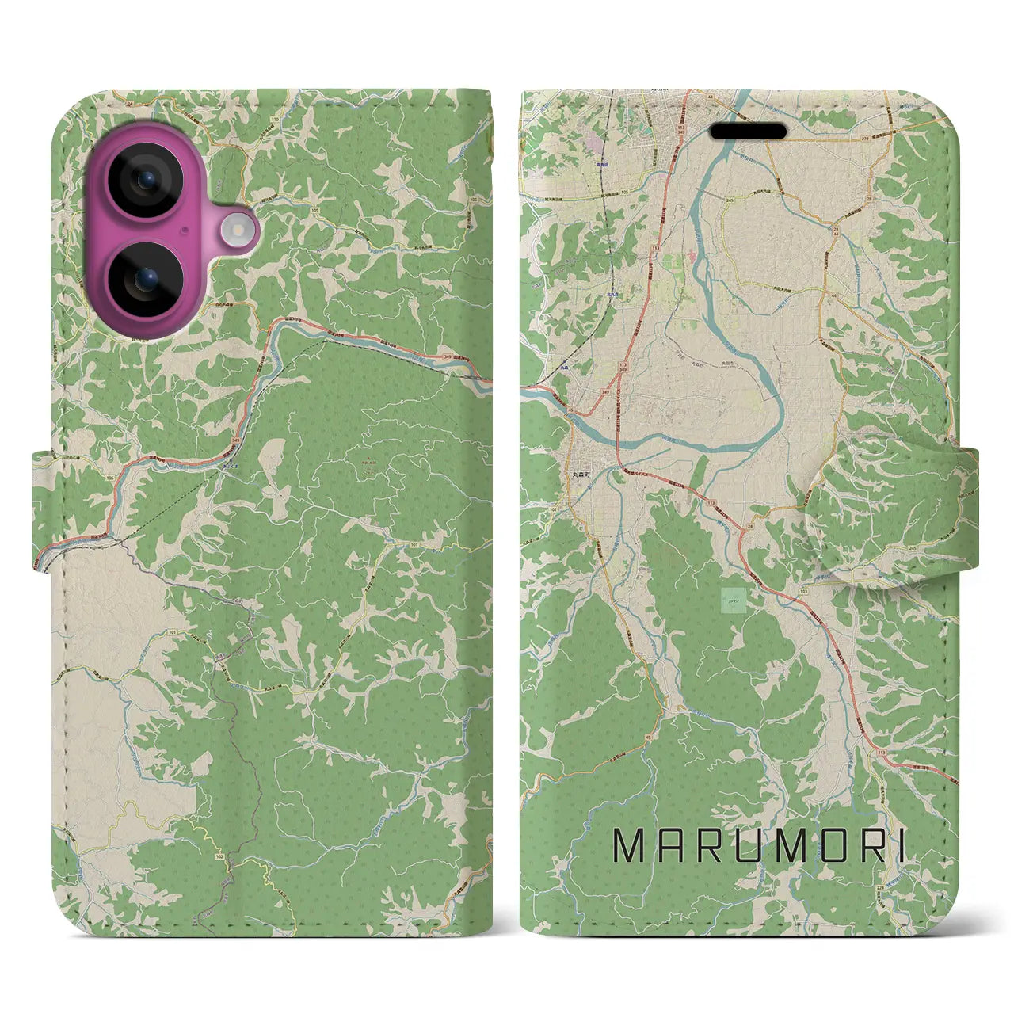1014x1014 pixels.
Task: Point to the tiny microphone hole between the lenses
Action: point(185,231)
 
